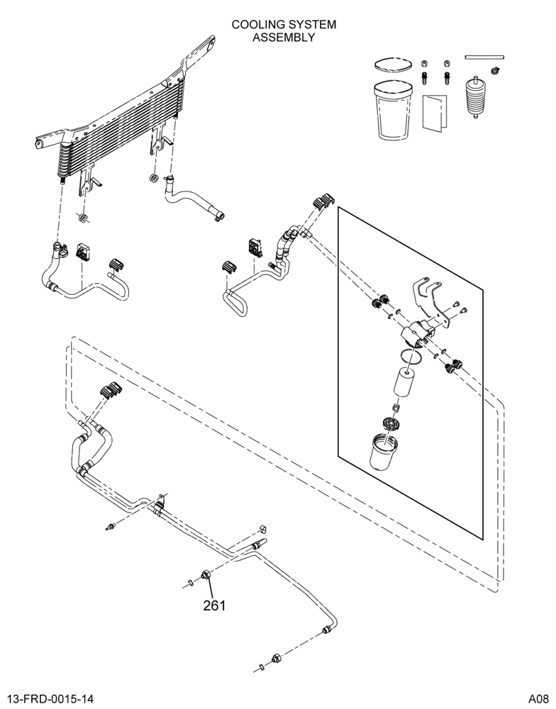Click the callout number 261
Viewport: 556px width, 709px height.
214,605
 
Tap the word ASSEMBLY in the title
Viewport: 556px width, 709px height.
284,37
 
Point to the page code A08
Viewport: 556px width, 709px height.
540,699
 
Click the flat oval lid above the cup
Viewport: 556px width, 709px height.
393,64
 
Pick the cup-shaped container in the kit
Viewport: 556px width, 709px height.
393,109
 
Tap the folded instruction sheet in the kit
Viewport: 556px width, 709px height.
434,113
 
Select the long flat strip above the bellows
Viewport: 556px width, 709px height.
484,57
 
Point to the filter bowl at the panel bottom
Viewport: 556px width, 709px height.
383,450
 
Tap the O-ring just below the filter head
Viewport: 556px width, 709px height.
412,356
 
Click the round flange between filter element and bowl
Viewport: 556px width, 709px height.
391,424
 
